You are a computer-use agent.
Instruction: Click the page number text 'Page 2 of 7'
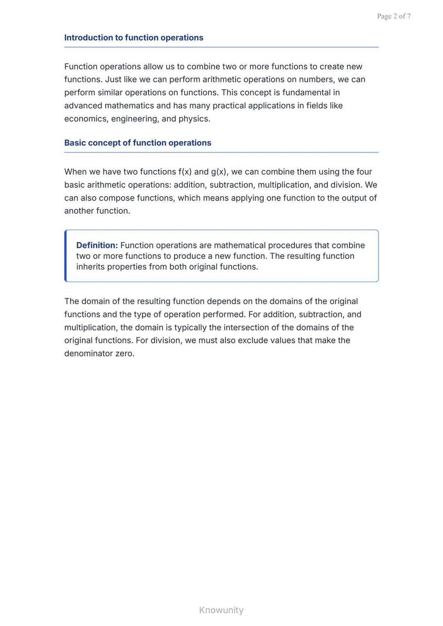click(x=394, y=16)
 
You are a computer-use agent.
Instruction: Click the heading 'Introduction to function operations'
click(x=134, y=38)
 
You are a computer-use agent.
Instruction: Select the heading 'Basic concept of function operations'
click(x=138, y=143)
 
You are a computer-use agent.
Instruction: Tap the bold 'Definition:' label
click(x=97, y=246)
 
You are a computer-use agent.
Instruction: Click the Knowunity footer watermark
click(x=221, y=610)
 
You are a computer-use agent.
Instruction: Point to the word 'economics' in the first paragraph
click(x=86, y=119)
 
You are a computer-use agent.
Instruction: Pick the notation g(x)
click(x=219, y=172)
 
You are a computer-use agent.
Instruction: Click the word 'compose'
click(x=116, y=198)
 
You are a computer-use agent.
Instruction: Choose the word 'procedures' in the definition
click(x=290, y=246)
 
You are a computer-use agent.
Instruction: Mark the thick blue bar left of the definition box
click(x=66, y=256)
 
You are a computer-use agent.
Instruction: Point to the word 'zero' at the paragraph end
click(x=124, y=353)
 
